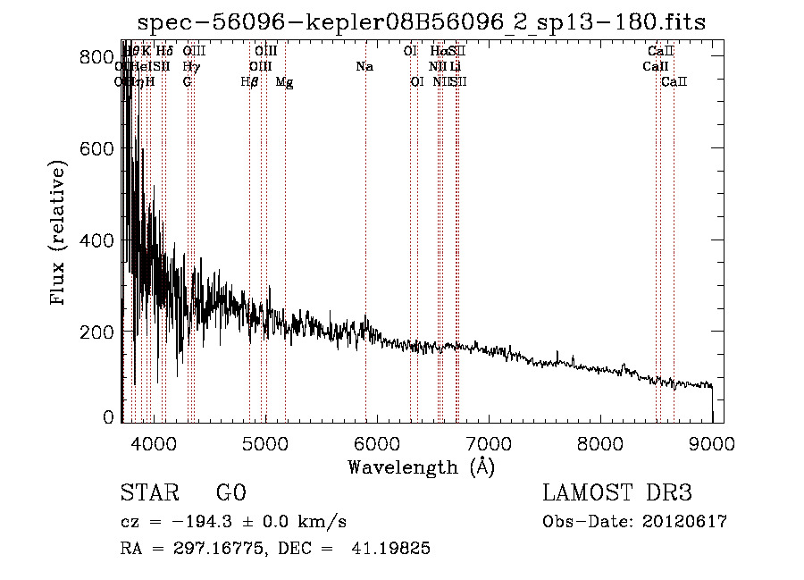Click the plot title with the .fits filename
click(x=423, y=22)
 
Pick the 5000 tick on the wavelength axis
click(x=264, y=443)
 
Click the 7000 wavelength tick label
click(x=488, y=443)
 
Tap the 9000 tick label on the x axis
click(x=712, y=443)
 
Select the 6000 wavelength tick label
click(x=376, y=443)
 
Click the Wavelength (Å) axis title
click(x=421, y=467)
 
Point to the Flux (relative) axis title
click(x=59, y=234)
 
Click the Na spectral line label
click(x=364, y=67)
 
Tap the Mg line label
click(x=284, y=82)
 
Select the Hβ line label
click(x=249, y=82)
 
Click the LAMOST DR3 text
click(x=616, y=492)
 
